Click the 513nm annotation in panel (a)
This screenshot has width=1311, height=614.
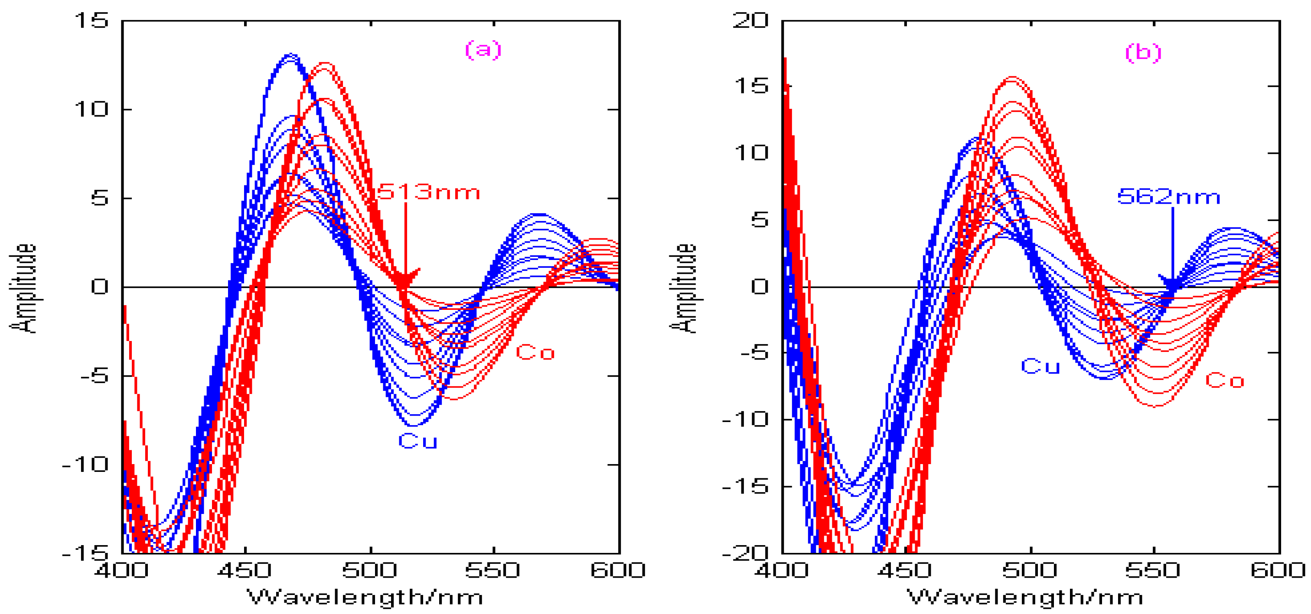428,193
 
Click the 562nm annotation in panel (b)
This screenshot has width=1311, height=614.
1168,197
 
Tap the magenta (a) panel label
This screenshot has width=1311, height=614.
483,49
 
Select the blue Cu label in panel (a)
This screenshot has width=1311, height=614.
417,441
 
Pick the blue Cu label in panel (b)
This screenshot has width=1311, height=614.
1040,366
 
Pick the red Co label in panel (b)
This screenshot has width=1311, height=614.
1224,380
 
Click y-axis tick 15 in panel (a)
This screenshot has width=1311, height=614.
91,21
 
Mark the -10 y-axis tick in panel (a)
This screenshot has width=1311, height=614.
85,465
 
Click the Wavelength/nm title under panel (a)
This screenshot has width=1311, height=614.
365,597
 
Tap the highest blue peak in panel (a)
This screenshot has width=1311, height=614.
290,55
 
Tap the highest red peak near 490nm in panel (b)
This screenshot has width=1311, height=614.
1012,78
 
